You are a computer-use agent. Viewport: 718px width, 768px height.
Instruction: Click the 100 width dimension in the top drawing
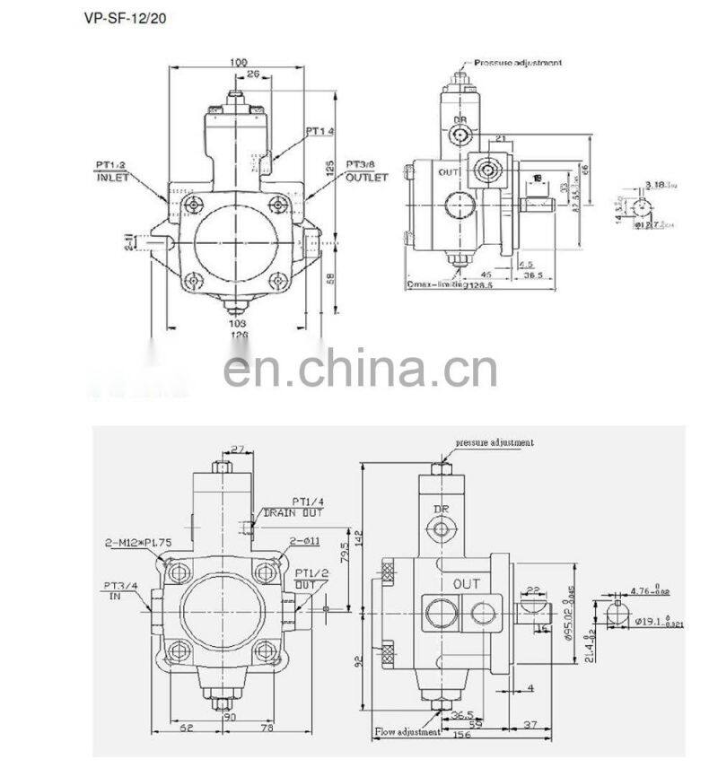tap(238, 63)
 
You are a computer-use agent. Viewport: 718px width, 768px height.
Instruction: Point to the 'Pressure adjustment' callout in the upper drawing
tap(519, 63)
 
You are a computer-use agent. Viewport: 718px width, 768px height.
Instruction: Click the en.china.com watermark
tap(359, 367)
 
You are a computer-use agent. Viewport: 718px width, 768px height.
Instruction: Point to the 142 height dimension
tap(357, 538)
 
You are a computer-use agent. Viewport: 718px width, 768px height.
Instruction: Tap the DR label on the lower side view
tap(442, 509)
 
